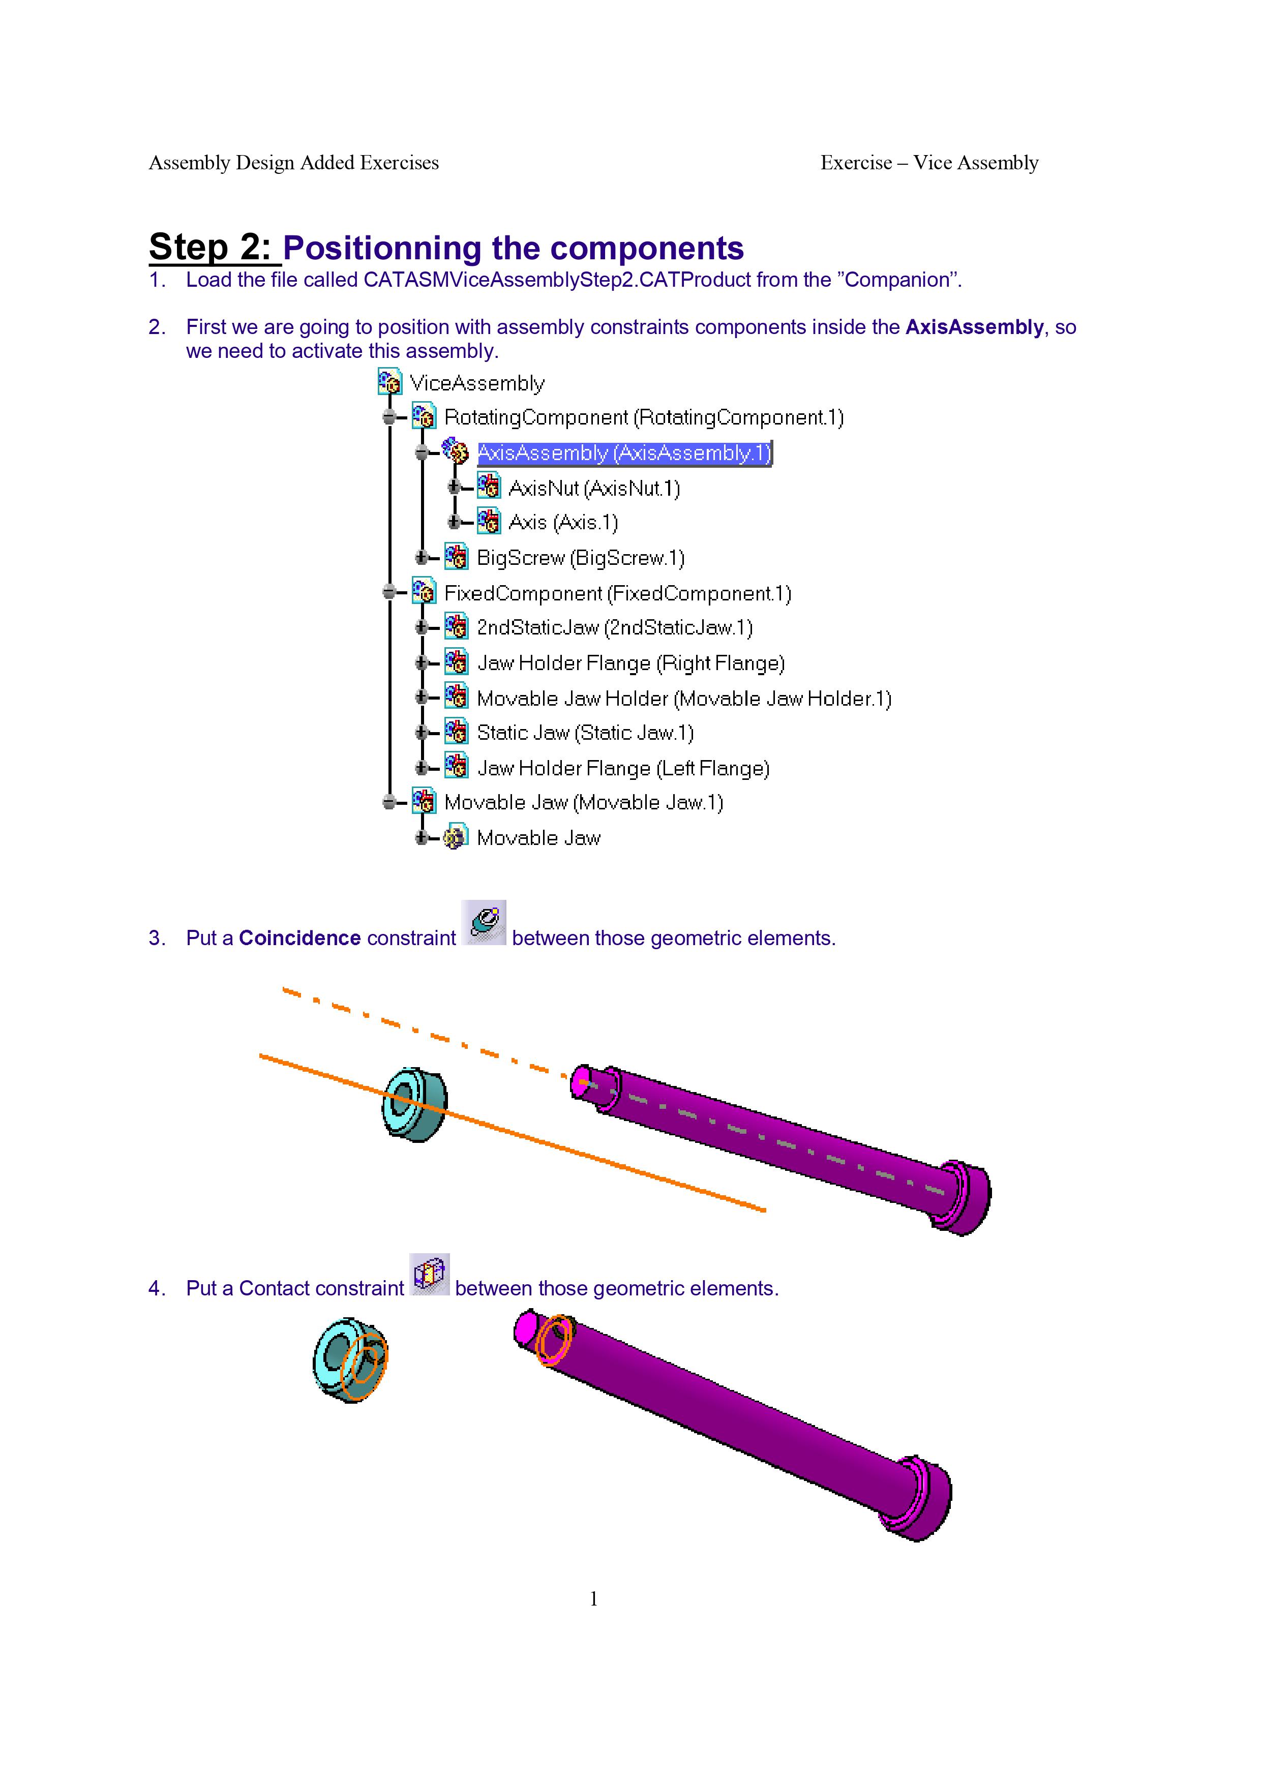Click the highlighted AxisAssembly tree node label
click(624, 453)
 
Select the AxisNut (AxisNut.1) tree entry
click(593, 488)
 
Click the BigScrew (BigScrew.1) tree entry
click(580, 558)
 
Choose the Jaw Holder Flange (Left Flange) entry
click(623, 768)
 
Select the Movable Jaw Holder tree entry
click(684, 699)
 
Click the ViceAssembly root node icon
click(389, 382)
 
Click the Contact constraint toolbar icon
click(430, 1275)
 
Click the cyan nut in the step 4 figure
click(350, 1360)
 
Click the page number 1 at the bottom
click(593, 1598)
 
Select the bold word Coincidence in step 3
click(299, 938)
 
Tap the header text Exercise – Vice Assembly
click(929, 162)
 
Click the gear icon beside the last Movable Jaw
click(455, 838)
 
